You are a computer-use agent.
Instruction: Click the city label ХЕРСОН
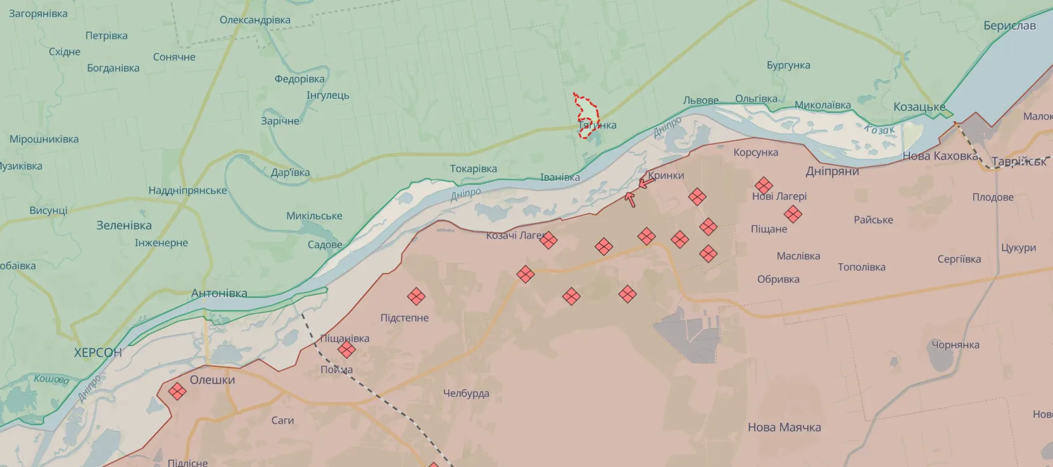98,352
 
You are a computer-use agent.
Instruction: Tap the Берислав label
1009,26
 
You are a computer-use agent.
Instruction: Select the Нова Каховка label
940,156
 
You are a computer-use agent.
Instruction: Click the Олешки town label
212,380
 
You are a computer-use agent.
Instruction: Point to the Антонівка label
219,293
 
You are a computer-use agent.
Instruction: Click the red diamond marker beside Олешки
177,391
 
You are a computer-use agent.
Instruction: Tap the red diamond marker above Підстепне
416,296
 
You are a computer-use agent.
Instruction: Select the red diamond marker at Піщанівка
346,349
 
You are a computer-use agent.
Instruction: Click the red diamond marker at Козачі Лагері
548,240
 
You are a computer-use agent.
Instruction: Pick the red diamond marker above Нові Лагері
764,185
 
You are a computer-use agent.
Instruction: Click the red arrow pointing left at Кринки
646,183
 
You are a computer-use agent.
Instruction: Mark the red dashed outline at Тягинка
586,115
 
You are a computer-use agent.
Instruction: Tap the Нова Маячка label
784,427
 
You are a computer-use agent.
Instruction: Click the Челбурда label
466,393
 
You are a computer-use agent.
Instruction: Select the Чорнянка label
955,345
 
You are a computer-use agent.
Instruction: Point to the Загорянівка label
38,13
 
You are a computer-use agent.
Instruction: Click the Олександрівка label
255,20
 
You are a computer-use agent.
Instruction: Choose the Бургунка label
788,65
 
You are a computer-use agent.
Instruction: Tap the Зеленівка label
123,225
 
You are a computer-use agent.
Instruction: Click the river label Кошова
51,379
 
